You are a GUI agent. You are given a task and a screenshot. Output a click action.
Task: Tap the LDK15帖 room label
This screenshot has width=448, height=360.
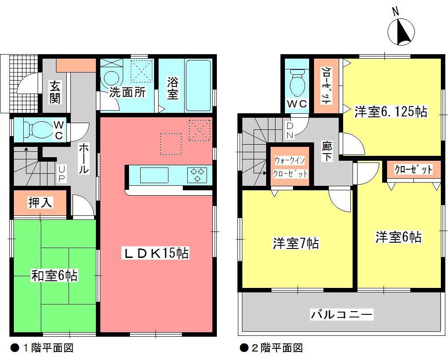156,253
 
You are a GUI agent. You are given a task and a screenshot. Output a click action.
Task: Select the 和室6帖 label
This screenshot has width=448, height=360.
54,276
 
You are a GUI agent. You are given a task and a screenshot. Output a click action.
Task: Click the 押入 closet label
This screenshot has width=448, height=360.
40,203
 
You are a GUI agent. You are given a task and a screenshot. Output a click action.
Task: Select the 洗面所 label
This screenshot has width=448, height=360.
128,93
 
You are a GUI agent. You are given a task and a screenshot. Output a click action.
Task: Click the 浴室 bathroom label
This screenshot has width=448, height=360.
173,89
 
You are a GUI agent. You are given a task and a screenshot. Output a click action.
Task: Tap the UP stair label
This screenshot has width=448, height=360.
62,174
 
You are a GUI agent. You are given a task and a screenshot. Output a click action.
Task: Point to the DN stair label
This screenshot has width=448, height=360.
290,130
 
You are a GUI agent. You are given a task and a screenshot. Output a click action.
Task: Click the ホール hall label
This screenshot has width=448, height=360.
84,159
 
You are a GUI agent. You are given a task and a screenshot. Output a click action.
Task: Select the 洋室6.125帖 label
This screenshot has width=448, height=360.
391,111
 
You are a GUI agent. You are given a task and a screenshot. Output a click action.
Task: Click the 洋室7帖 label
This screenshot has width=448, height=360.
296,244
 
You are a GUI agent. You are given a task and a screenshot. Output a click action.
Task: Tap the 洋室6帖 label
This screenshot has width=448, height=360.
398,236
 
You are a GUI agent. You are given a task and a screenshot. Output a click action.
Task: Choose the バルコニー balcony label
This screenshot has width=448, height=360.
342,314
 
